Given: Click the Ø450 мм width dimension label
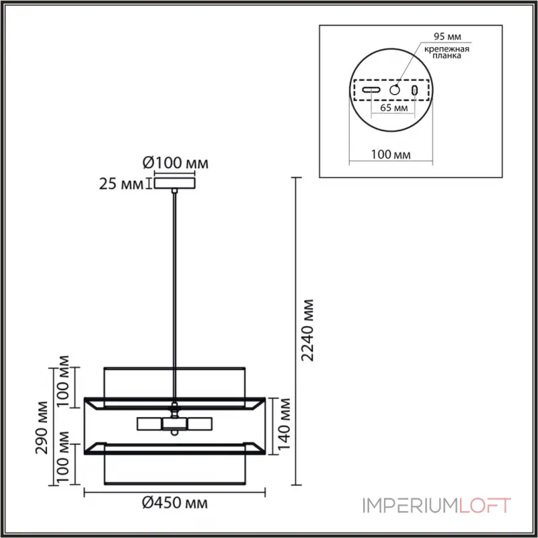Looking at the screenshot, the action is (175, 502).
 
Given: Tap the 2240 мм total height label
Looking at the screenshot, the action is (307, 330).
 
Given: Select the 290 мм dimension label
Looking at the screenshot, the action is (42, 427).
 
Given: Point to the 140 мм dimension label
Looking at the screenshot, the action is (284, 424).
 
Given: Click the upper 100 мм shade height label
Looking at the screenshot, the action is (63, 381).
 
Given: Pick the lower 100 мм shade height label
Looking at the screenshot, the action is (63, 457).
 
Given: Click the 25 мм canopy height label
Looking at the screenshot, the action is (121, 184).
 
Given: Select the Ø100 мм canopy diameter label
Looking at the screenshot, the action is (176, 163).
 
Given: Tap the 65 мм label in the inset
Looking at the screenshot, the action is (394, 108).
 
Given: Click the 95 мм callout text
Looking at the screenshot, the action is (447, 36).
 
